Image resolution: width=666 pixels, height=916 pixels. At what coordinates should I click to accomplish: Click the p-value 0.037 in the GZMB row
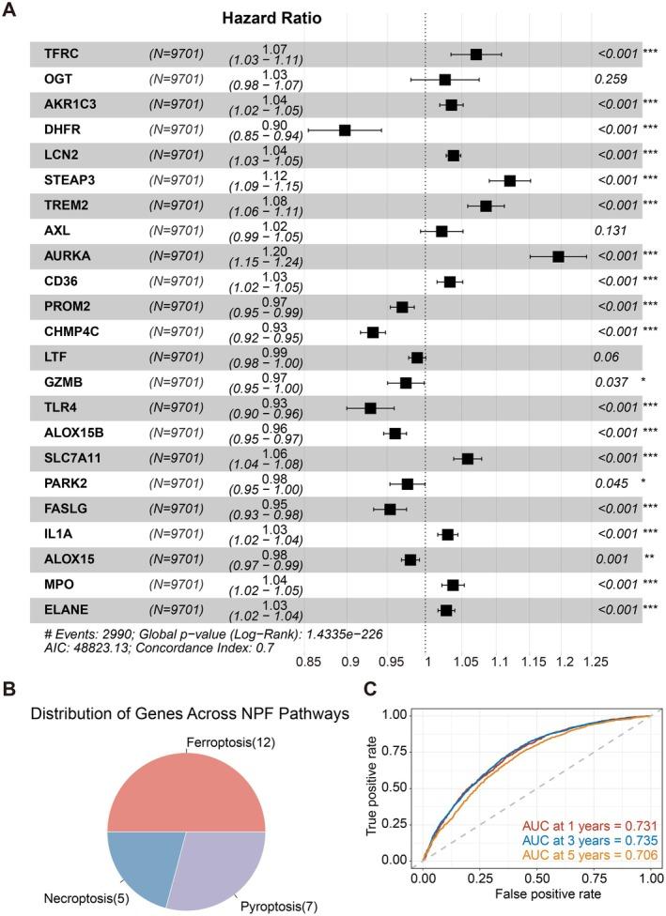(x=611, y=383)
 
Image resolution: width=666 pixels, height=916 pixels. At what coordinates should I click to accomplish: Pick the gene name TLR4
(x=60, y=408)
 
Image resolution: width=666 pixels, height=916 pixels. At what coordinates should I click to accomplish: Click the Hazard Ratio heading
(x=271, y=18)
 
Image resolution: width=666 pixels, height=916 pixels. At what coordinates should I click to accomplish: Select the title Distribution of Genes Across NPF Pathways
(x=190, y=714)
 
